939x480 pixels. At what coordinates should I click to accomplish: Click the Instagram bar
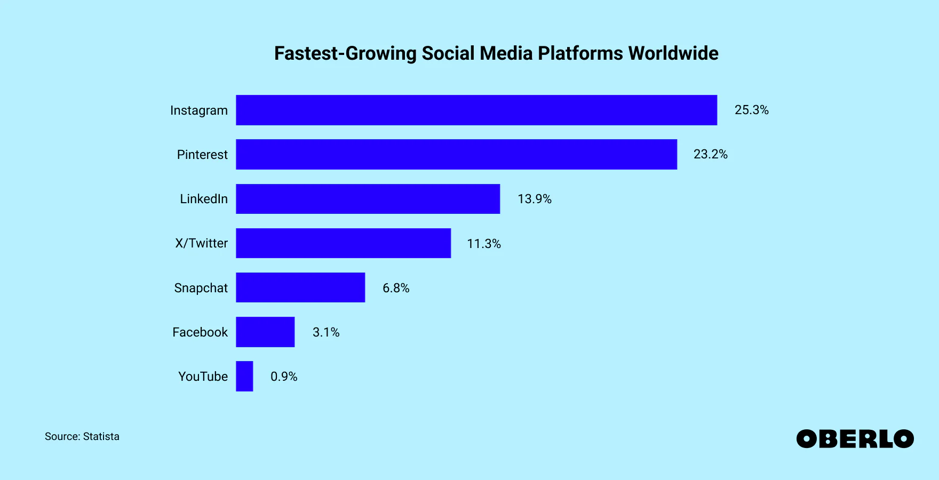(476, 110)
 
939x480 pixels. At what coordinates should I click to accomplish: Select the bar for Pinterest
(456, 155)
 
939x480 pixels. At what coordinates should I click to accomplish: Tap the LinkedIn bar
(368, 199)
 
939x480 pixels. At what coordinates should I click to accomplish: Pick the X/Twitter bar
(343, 243)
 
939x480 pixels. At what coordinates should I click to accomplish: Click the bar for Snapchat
(300, 287)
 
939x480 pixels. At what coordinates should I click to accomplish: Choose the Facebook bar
(265, 332)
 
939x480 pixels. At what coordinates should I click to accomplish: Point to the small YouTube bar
(244, 376)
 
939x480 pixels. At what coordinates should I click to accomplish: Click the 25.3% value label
(751, 110)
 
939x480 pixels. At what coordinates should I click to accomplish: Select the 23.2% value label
(710, 154)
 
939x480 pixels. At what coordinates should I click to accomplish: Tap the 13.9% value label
(534, 199)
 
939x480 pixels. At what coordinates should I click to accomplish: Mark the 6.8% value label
(396, 288)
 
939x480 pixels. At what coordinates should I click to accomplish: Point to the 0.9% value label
(284, 377)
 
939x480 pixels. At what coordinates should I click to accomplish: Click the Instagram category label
(198, 110)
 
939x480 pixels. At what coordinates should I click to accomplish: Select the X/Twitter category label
(201, 243)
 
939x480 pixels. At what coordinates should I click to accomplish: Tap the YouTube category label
(203, 377)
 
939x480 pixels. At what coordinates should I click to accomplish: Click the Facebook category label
(200, 332)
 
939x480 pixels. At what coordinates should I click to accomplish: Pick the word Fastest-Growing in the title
(345, 53)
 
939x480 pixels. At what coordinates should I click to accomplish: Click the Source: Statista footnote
(82, 436)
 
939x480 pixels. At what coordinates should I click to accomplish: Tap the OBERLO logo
(855, 439)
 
